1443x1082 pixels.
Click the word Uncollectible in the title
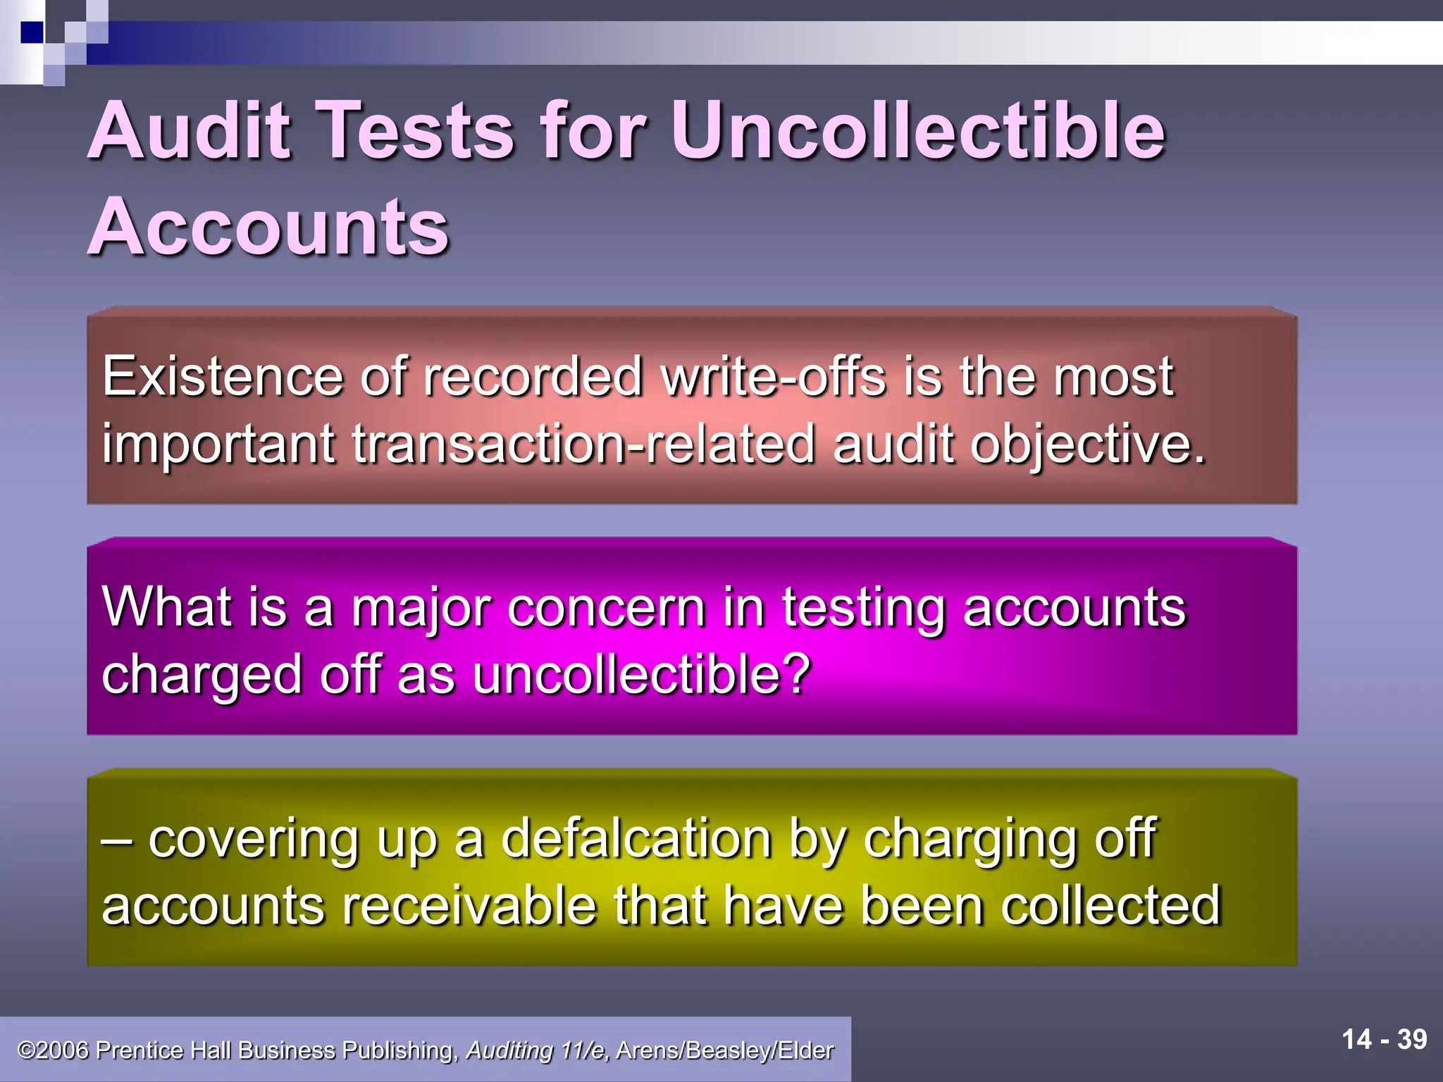point(918,131)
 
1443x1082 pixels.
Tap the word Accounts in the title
point(268,227)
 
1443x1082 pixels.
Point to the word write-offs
point(773,377)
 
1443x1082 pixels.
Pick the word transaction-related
point(583,444)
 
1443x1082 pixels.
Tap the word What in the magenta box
point(166,607)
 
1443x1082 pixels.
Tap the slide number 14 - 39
point(1384,1040)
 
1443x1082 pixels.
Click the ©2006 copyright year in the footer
point(54,1050)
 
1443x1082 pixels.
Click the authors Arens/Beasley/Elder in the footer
point(724,1050)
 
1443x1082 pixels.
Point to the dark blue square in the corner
point(31,32)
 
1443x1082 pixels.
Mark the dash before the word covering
point(118,840)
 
